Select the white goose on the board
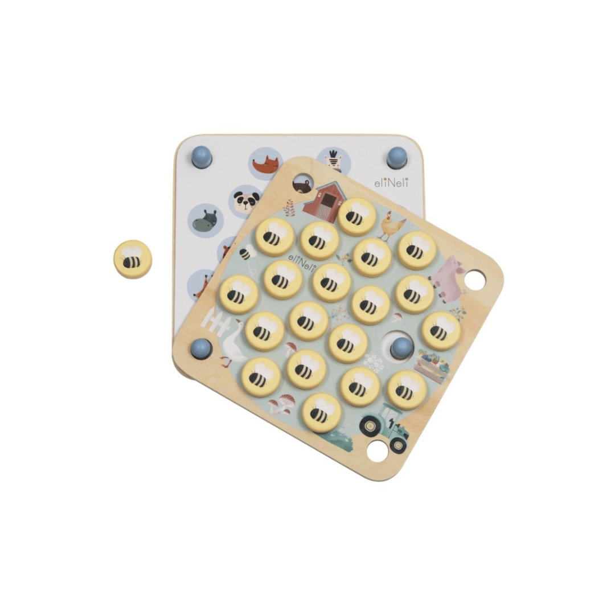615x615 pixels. point(232,344)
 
